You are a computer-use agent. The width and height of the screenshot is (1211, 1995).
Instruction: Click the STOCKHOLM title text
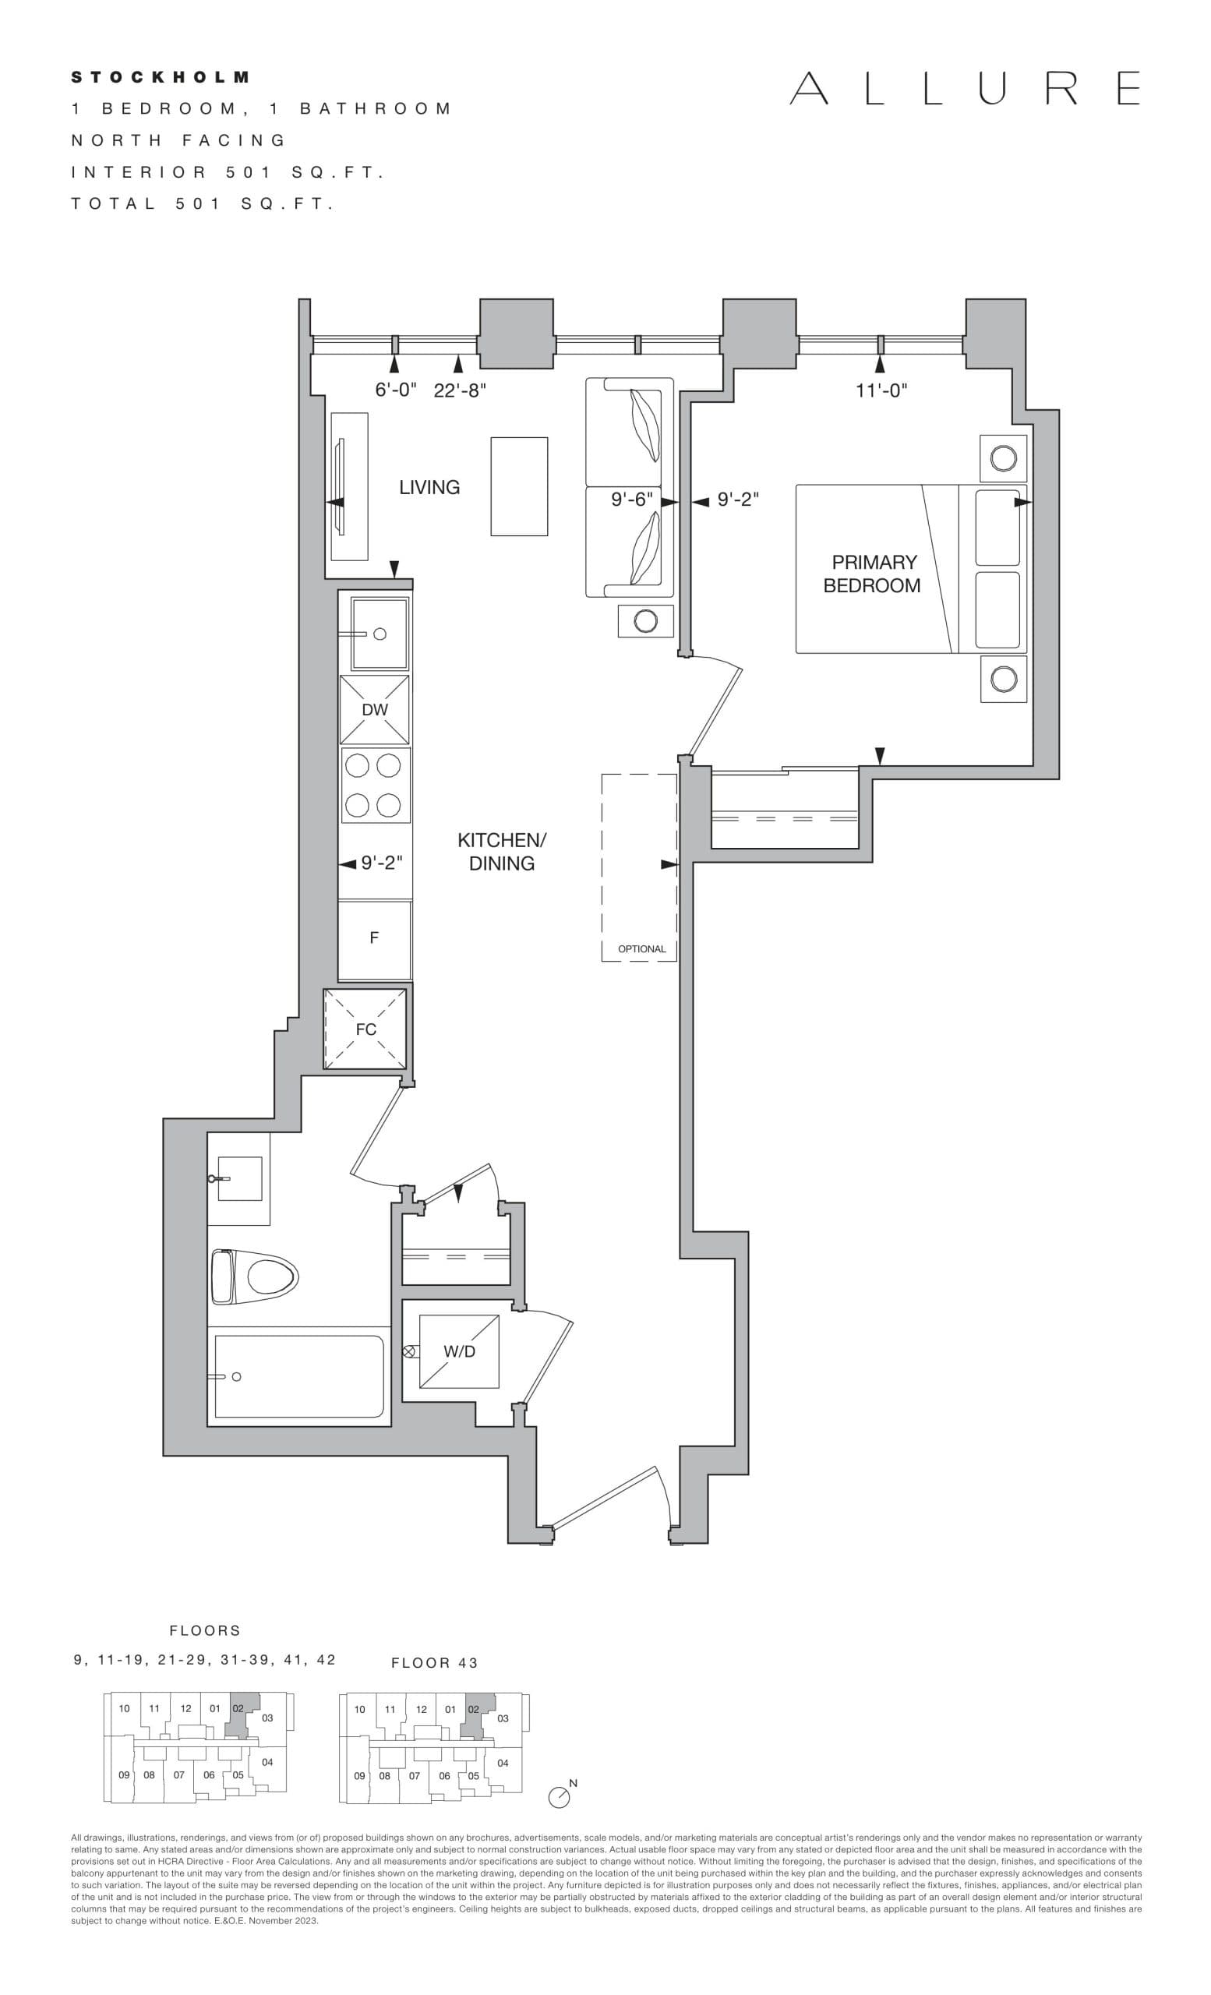click(161, 78)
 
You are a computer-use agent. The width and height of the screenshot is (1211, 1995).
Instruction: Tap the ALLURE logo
click(965, 88)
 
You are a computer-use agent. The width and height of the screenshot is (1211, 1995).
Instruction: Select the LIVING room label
click(429, 487)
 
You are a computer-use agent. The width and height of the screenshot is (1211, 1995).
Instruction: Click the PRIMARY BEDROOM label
click(873, 574)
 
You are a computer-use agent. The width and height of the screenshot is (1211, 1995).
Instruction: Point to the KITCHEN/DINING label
click(501, 852)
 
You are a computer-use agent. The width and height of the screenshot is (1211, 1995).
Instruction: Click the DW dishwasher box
click(374, 710)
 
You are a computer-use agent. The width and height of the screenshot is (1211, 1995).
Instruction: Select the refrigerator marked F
click(374, 938)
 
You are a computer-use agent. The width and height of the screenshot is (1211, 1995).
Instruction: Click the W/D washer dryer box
click(459, 1351)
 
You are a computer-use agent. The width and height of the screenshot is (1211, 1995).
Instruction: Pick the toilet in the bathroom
click(256, 1276)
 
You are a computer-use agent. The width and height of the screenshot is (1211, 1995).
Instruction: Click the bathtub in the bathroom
click(298, 1376)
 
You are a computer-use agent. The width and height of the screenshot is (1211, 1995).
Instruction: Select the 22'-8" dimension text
click(459, 390)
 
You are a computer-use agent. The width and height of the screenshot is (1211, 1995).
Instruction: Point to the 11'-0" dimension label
click(881, 390)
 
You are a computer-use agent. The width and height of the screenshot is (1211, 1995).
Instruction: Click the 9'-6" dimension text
click(631, 500)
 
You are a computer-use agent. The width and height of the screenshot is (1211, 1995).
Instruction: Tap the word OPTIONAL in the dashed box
click(641, 949)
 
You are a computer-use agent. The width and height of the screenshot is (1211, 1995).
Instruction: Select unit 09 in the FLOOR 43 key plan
click(359, 1775)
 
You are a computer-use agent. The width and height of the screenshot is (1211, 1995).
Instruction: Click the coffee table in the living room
click(519, 486)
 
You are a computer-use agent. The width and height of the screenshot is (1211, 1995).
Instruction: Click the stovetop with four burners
click(374, 786)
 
